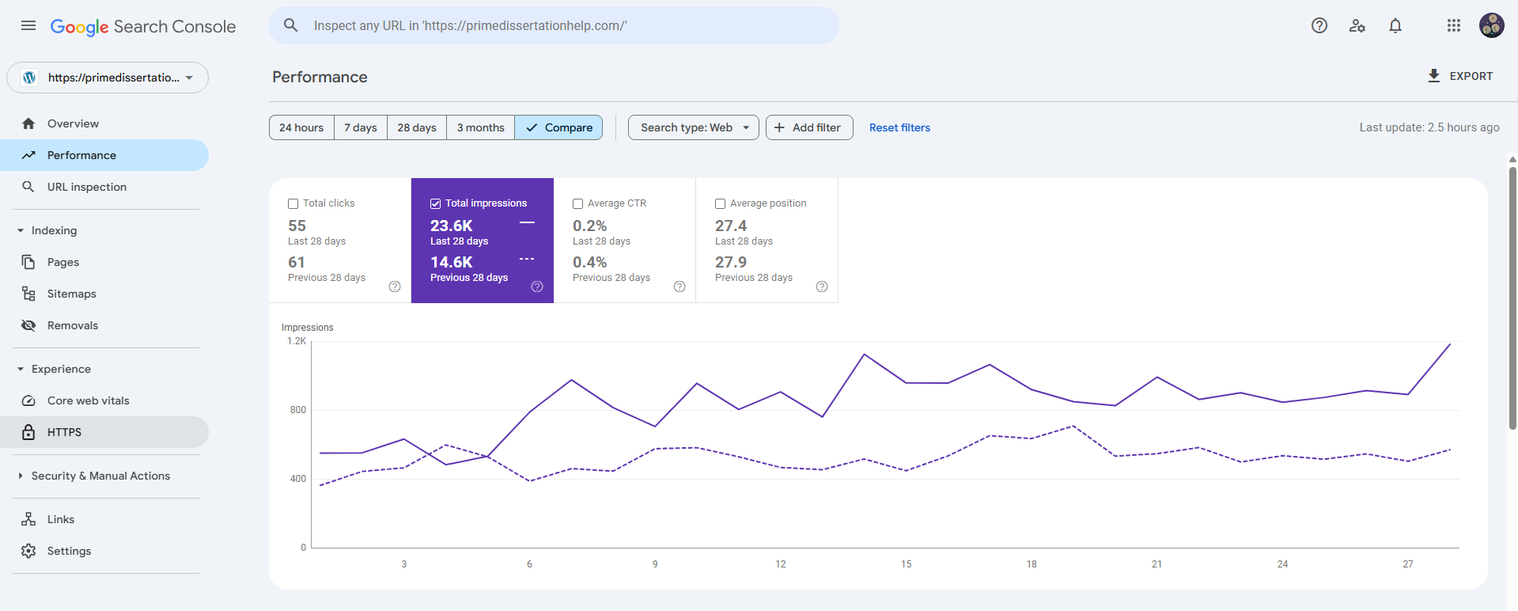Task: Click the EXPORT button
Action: click(1459, 76)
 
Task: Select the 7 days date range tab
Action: click(360, 127)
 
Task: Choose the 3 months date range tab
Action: click(480, 127)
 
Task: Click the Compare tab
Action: click(558, 127)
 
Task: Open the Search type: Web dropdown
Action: click(694, 127)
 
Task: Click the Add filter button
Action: click(808, 127)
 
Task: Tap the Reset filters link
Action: click(899, 127)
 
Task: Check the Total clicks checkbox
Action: click(293, 203)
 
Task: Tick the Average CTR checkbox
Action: click(577, 203)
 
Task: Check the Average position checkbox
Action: click(720, 203)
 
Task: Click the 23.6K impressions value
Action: click(451, 226)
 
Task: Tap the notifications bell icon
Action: click(1395, 26)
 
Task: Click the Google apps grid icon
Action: click(1454, 25)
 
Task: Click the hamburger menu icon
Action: click(28, 25)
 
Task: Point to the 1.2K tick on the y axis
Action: click(297, 341)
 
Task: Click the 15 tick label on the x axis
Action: click(906, 564)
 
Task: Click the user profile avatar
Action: click(1492, 25)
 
